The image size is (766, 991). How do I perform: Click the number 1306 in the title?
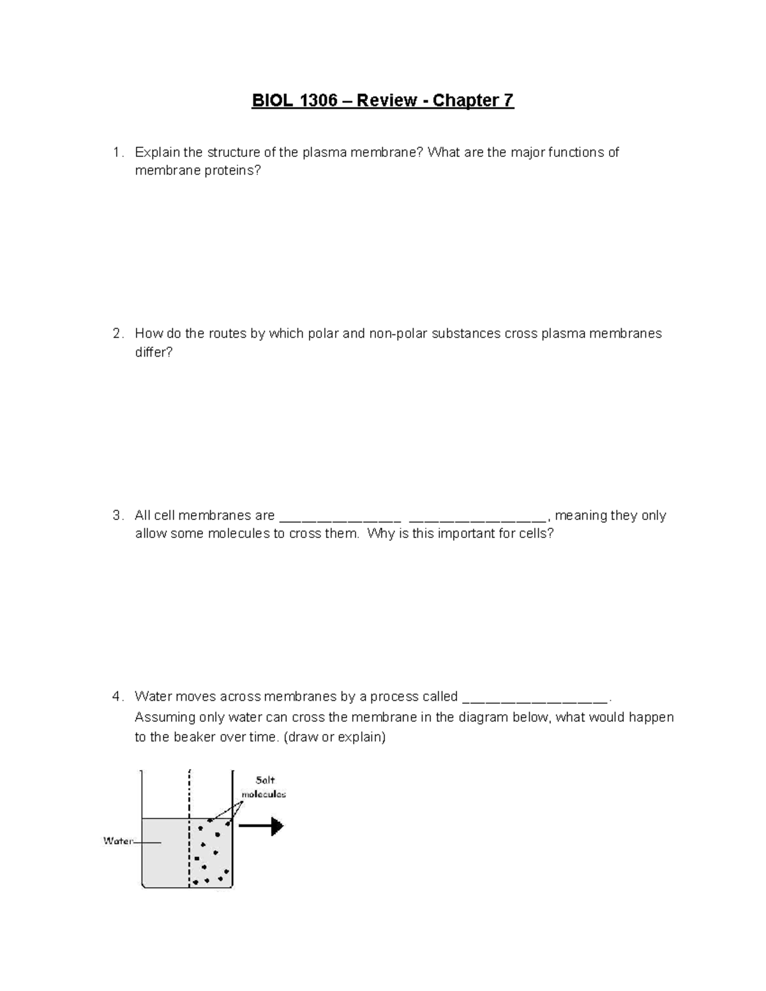pyautogui.click(x=315, y=101)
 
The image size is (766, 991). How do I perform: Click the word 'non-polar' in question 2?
pyautogui.click(x=398, y=334)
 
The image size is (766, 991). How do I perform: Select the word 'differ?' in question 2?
pyautogui.click(x=154, y=352)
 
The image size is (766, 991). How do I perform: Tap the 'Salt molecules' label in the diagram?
pyautogui.click(x=264, y=787)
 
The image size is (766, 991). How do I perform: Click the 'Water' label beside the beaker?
pyautogui.click(x=117, y=841)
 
